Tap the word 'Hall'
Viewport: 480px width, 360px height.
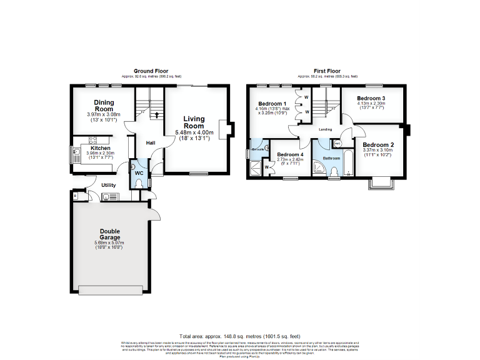[151, 142]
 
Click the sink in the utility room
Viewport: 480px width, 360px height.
[106, 197]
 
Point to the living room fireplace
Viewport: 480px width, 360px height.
[231, 127]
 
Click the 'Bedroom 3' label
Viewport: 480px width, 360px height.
[371, 98]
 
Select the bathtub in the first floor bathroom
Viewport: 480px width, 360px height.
[349, 163]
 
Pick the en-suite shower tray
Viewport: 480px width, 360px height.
[256, 167]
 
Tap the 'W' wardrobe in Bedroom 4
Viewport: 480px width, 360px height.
[267, 167]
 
